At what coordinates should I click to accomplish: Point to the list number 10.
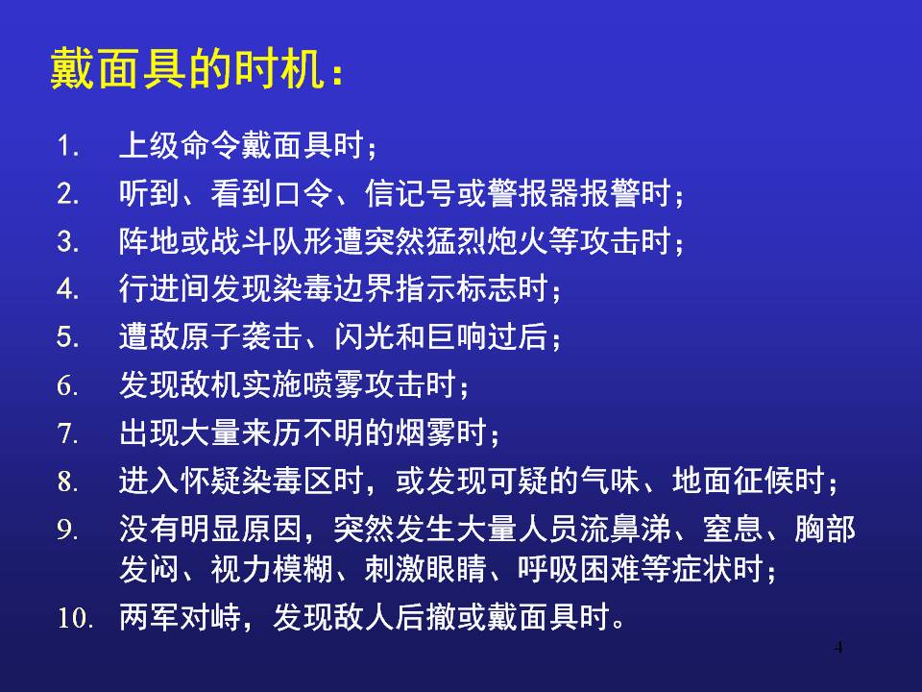(75, 618)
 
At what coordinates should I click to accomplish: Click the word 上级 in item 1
(150, 145)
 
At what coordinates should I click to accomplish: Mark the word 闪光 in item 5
(364, 336)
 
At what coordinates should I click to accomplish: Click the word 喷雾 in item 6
(333, 384)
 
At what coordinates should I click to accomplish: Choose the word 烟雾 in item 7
(425, 432)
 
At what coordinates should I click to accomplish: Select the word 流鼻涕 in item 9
(625, 529)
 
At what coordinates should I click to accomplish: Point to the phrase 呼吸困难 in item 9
(578, 568)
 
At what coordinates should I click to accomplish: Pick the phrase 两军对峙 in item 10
(180, 617)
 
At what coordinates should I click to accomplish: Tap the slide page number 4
(838, 648)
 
